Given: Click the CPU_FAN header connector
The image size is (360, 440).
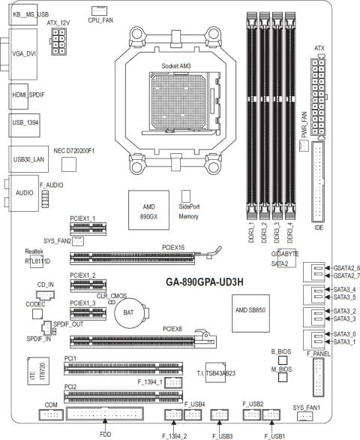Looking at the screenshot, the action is click(99, 11).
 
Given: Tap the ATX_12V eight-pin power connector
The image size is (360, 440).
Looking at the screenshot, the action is click(58, 41).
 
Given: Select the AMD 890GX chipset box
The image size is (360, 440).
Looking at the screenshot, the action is click(149, 210).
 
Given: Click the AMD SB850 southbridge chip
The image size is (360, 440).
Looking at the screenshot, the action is click(250, 313).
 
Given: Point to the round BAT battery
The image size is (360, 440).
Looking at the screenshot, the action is click(129, 312).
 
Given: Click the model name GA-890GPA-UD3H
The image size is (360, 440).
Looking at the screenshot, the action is click(205, 282).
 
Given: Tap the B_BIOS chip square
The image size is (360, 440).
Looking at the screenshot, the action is click(283, 360).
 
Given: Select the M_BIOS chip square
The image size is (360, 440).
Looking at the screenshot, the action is click(283, 378).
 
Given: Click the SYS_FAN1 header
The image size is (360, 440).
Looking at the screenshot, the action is click(304, 417).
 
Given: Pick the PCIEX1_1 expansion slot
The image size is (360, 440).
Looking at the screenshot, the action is click(88, 229).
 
